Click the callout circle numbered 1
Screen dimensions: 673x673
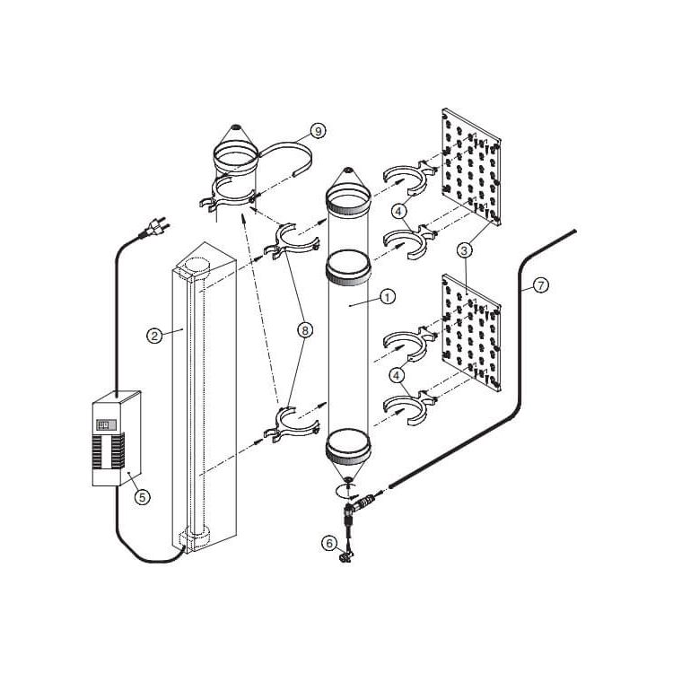click(387, 297)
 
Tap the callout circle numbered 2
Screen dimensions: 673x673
click(154, 336)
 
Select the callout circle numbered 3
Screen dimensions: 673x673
click(465, 250)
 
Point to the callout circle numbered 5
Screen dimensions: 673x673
click(143, 497)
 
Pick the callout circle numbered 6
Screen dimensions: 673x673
click(329, 544)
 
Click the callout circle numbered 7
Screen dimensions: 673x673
click(541, 285)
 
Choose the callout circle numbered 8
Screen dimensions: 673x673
click(305, 330)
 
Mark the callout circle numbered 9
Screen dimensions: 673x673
click(318, 131)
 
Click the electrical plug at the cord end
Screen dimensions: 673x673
click(154, 227)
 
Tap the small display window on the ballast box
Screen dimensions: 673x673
click(106, 425)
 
